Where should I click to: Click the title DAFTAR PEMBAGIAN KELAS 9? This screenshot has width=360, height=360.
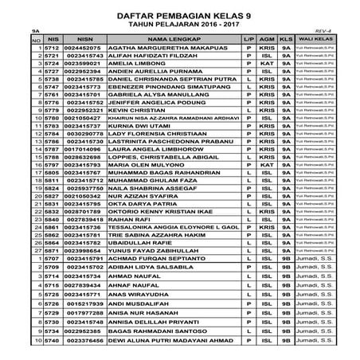click(x=182, y=16)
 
